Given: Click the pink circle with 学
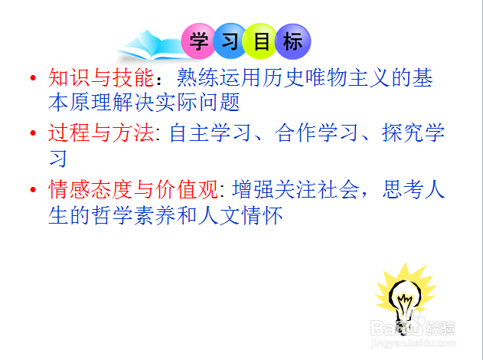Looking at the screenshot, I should pyautogui.click(x=199, y=41).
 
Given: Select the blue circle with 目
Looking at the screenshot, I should pyautogui.click(x=261, y=41).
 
